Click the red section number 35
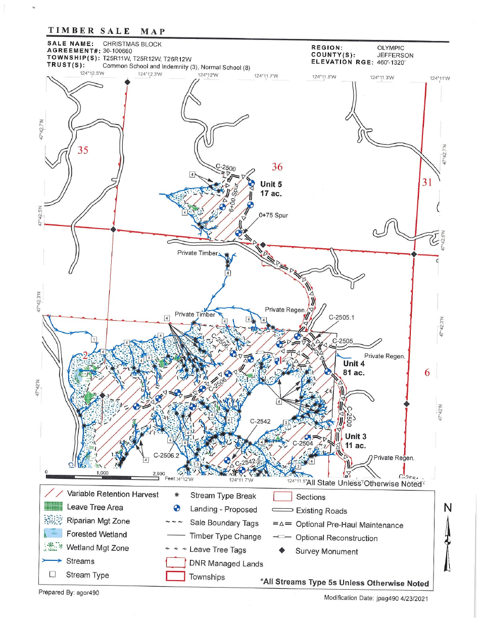click(x=83, y=150)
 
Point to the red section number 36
click(x=277, y=167)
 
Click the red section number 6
click(x=427, y=373)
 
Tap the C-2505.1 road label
click(x=342, y=318)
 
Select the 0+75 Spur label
click(x=273, y=215)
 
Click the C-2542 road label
click(x=261, y=421)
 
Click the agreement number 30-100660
click(x=117, y=51)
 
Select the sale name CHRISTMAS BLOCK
click(x=132, y=44)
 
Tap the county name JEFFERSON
click(x=395, y=55)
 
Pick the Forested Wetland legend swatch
click(x=53, y=535)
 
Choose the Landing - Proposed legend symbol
click(x=177, y=510)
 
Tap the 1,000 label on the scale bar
click(x=102, y=473)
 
